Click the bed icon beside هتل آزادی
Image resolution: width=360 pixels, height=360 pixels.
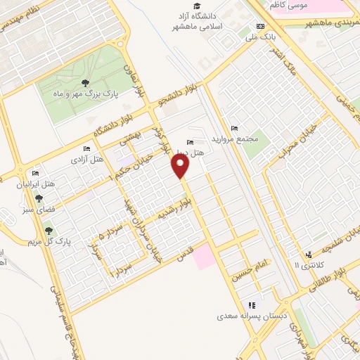coord(86,149)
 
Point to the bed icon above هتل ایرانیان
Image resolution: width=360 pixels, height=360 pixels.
coord(36,174)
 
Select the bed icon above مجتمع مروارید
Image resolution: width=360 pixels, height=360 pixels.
coord(234,128)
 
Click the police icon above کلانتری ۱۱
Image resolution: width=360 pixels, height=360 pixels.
coord(308,255)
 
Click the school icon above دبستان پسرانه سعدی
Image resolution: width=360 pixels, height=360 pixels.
coord(251,305)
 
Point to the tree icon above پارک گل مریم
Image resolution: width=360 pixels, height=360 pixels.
coord(49,231)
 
